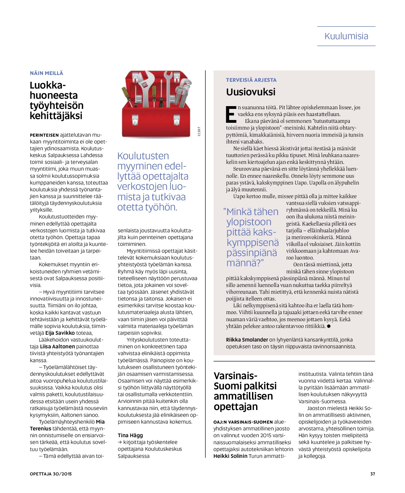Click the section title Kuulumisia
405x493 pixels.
[346, 36]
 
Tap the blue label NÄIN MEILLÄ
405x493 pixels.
[46, 73]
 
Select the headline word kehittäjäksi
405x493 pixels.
[56, 116]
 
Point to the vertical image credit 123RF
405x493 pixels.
[199, 131]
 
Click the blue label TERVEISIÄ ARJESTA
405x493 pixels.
[251, 80]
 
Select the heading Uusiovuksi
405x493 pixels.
[250, 92]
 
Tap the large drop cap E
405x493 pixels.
[231, 114]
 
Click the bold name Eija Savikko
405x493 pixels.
[60, 333]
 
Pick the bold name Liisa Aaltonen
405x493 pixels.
[57, 346]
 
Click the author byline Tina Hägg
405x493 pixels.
[130, 435]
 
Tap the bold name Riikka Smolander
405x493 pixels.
[247, 340]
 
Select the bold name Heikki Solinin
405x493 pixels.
[230, 456]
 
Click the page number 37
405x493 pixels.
[372, 474]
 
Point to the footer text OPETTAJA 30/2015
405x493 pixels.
[51, 474]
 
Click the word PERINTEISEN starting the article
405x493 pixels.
[44, 135]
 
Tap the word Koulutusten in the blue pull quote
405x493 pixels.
[143, 156]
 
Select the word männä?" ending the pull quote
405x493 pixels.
[245, 263]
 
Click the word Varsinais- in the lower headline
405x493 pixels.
[235, 376]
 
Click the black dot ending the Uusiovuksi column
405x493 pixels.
[329, 326]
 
